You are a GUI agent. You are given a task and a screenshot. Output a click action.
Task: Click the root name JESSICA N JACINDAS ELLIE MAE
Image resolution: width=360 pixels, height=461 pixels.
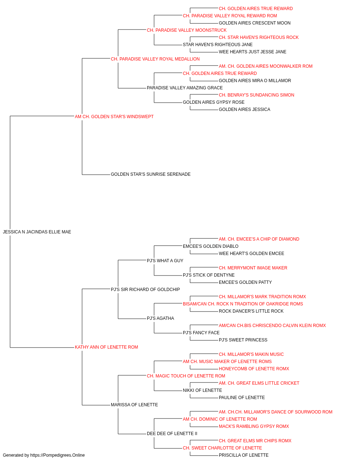click(x=37, y=232)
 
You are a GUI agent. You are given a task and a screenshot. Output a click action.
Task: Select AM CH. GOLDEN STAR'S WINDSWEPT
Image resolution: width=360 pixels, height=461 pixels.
click(x=114, y=117)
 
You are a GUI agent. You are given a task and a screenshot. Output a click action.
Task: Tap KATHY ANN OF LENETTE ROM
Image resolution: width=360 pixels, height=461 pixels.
click(x=107, y=347)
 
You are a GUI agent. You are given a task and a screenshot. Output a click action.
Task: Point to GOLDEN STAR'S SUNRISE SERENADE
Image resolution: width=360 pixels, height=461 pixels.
click(x=151, y=174)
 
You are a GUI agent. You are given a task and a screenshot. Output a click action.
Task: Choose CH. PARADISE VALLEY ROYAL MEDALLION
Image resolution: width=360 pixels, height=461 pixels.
click(x=155, y=59)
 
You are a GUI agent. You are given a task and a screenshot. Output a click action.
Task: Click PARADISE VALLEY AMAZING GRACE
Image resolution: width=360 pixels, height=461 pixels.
click(x=185, y=88)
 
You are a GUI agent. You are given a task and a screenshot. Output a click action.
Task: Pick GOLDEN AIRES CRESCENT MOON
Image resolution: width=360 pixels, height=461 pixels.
click(x=255, y=23)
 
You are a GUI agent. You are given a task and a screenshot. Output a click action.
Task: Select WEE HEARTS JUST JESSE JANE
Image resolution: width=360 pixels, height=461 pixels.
click(x=252, y=52)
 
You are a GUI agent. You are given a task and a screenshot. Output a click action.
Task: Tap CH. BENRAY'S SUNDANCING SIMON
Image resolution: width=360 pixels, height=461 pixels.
click(x=257, y=95)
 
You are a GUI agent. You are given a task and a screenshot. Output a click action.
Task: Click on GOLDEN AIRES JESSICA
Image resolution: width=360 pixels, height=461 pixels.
click(x=244, y=109)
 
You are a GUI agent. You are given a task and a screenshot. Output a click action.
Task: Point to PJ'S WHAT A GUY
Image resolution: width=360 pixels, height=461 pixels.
click(x=165, y=261)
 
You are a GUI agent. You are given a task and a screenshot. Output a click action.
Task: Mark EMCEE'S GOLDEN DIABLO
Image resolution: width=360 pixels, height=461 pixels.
click(x=211, y=246)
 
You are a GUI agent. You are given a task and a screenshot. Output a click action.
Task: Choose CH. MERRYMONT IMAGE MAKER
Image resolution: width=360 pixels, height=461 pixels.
click(x=253, y=268)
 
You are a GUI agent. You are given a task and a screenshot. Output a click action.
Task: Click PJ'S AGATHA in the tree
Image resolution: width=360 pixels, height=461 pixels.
click(x=160, y=318)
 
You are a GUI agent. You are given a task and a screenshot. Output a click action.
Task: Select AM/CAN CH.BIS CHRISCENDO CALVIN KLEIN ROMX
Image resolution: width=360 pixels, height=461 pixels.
click(x=272, y=326)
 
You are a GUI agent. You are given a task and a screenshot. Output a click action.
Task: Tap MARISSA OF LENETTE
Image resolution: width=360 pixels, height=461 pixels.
click(x=134, y=405)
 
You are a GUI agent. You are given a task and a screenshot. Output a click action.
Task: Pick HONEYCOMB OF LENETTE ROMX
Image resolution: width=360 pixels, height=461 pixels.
click(x=254, y=369)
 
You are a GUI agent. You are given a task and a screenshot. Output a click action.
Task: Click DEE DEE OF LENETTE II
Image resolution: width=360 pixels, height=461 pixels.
click(x=172, y=434)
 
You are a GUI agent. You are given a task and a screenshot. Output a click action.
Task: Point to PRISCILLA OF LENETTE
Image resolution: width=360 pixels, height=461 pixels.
click(x=244, y=455)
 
